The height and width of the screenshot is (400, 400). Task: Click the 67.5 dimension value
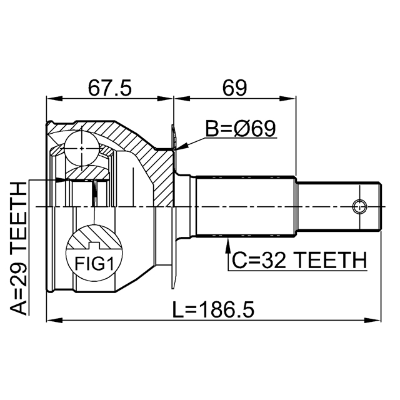(x=109, y=87)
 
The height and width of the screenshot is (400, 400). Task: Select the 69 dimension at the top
(x=235, y=87)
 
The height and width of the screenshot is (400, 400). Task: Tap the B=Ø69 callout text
(x=241, y=129)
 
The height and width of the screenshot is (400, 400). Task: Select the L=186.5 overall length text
(x=214, y=308)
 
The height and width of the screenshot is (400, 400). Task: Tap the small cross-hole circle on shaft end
(x=359, y=206)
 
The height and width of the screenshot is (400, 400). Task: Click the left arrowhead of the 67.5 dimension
(x=51, y=98)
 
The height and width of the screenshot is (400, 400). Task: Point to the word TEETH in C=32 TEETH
(x=331, y=259)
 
